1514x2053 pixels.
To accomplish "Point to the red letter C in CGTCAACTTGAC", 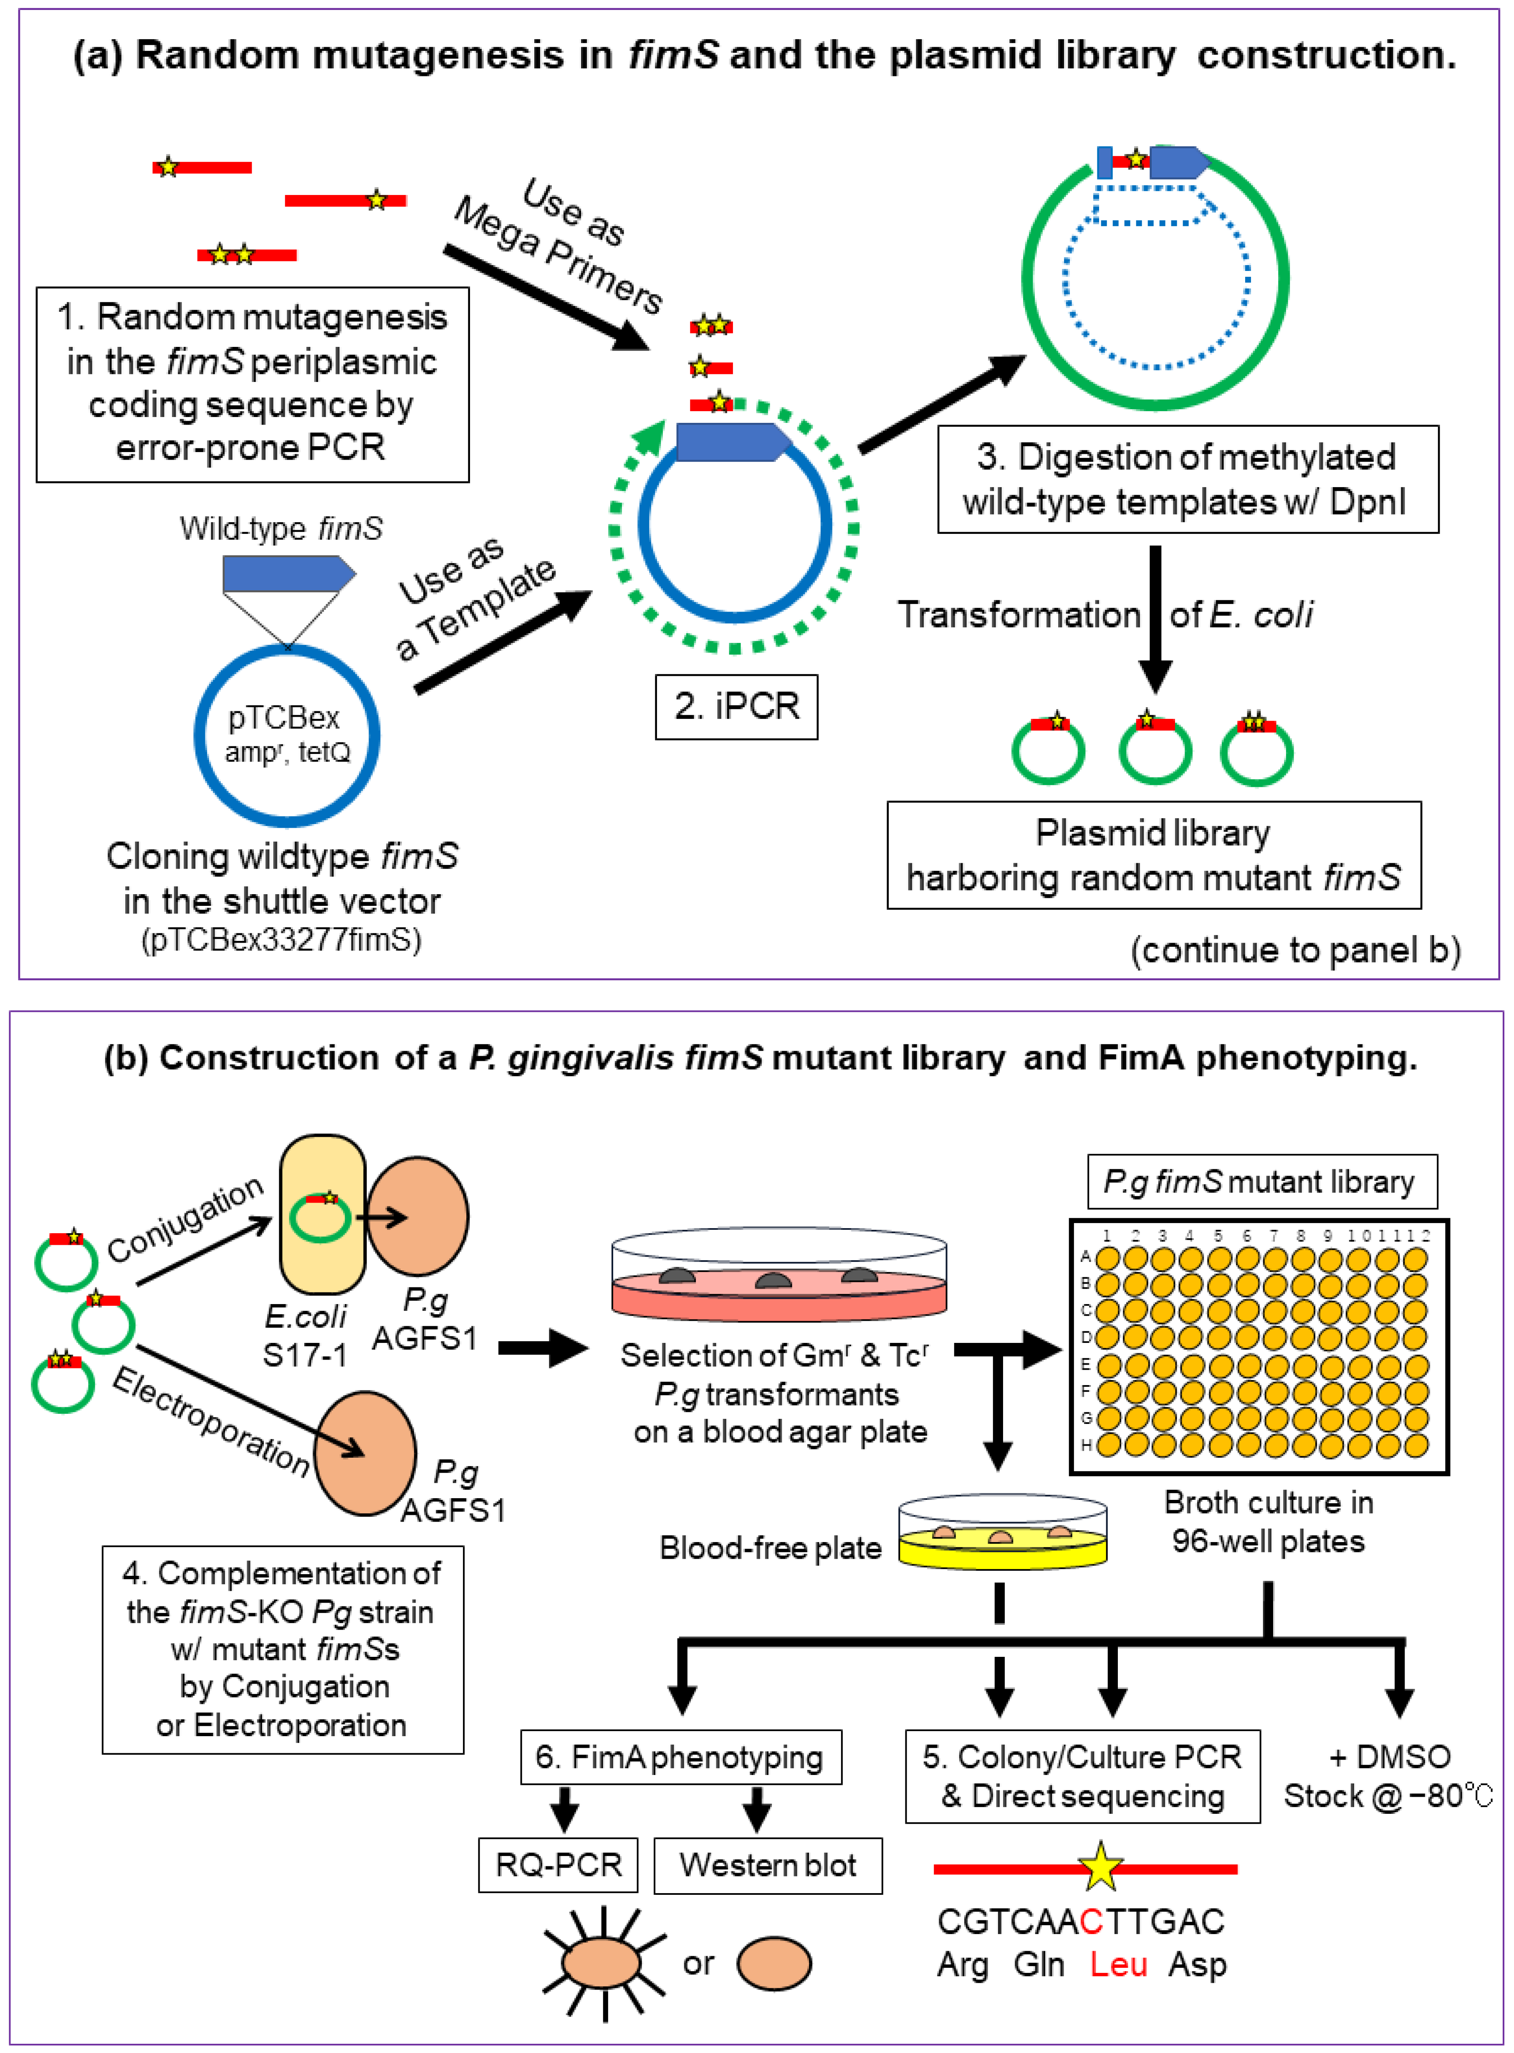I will point(1091,1921).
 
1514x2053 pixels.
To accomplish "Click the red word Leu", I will point(1118,1964).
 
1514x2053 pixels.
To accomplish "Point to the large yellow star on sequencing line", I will point(1100,1867).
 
